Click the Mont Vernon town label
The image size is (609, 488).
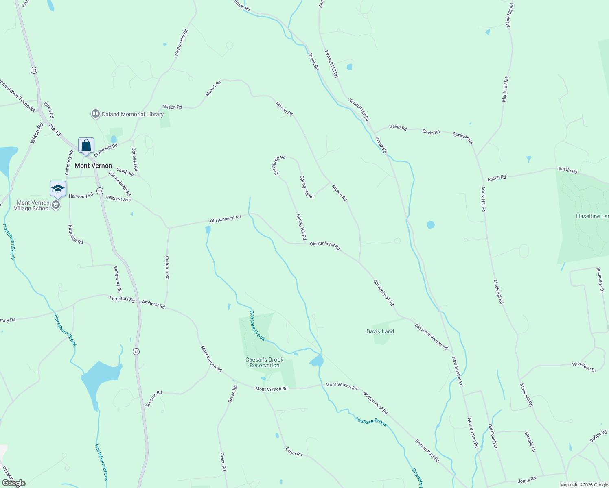[x=93, y=166]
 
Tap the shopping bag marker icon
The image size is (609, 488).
[x=86, y=145]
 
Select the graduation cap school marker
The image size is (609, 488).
[x=58, y=189]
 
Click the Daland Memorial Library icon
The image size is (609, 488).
[x=96, y=114]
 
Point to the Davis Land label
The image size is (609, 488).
[x=380, y=331]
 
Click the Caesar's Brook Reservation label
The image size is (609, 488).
[x=265, y=362]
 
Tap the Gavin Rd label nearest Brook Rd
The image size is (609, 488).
[x=398, y=127]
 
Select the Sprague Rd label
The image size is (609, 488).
[x=462, y=138]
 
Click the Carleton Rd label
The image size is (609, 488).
[x=167, y=267]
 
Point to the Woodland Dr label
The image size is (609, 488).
[x=584, y=367]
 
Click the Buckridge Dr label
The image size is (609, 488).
[x=600, y=280]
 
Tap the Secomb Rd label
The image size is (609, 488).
[x=153, y=399]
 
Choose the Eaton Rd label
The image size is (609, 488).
[x=294, y=451]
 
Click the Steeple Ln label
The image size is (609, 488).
[x=530, y=442]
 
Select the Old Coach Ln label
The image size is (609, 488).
[x=493, y=436]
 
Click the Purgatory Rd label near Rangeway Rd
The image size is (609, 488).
[x=122, y=299]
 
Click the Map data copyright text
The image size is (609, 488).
[x=584, y=485]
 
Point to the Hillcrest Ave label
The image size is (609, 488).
[x=118, y=199]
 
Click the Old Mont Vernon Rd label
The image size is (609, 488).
[x=431, y=337]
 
